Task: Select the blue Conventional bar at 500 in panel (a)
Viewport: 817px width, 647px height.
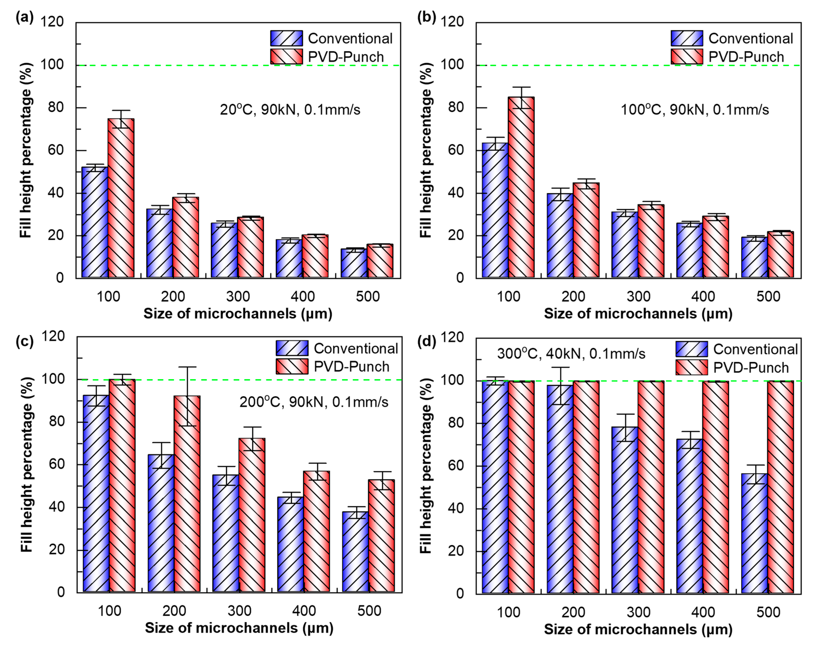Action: (x=354, y=263)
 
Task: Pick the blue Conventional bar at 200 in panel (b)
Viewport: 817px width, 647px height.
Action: (x=560, y=235)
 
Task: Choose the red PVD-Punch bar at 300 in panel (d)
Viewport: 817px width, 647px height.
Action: (x=651, y=487)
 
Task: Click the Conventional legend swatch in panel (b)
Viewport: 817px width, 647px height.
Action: (x=687, y=38)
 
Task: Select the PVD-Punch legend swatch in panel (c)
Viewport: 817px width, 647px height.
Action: (x=292, y=366)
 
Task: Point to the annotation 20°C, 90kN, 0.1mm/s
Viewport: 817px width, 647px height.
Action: (x=290, y=110)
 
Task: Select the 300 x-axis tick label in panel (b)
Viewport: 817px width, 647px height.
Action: (x=638, y=296)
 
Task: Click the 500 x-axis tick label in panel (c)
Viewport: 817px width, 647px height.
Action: (x=369, y=611)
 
